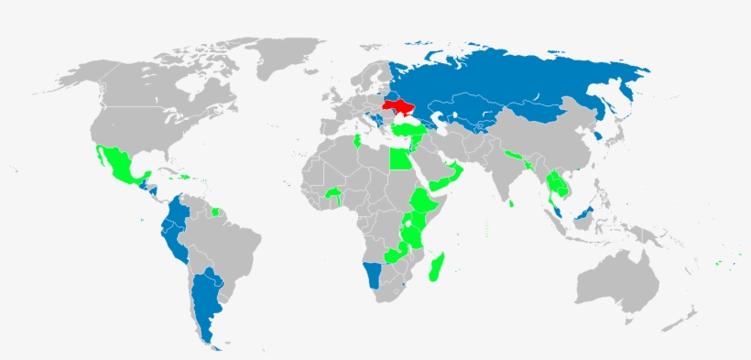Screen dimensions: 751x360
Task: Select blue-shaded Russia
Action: [522, 82]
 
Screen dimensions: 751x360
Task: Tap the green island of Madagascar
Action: [439, 267]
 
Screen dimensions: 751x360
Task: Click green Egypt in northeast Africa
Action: [400, 160]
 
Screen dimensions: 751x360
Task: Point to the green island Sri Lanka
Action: [512, 203]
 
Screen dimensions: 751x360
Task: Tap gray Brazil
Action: [229, 238]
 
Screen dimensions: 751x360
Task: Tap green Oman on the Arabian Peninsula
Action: [455, 172]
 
